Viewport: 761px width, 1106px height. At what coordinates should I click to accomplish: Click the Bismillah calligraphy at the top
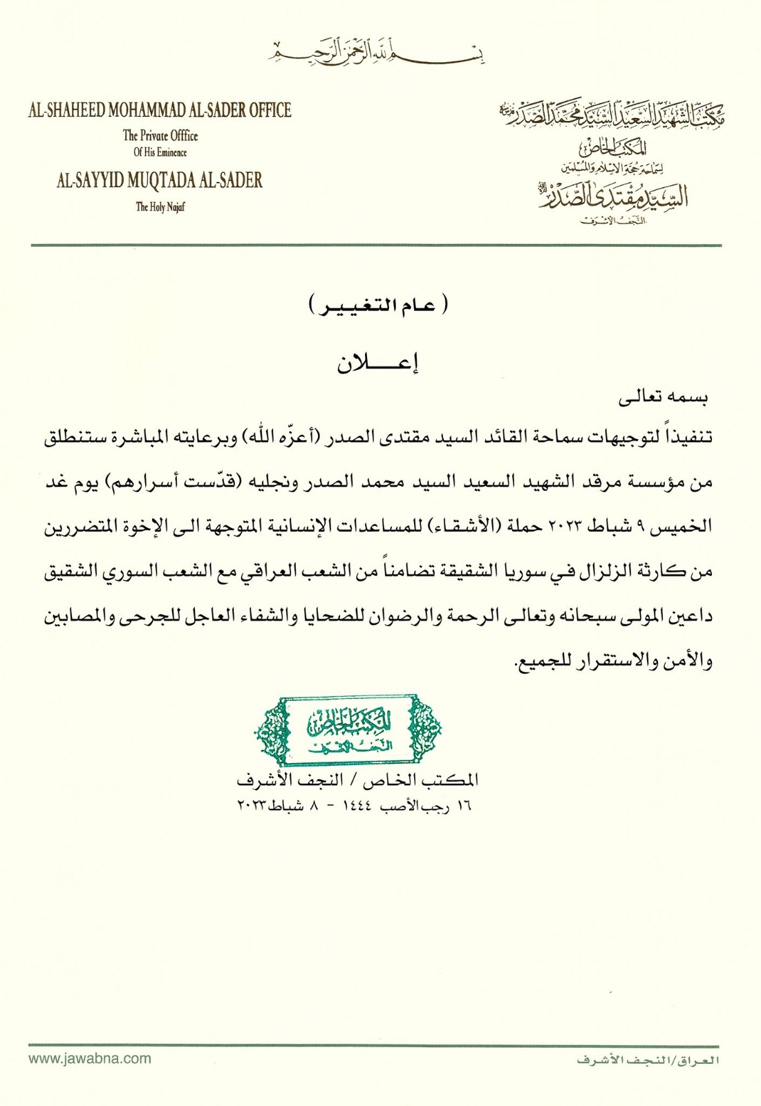tap(376, 52)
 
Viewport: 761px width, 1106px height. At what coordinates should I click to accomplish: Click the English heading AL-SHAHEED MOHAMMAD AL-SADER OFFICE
tap(160, 110)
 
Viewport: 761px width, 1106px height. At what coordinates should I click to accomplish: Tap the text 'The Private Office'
tap(160, 135)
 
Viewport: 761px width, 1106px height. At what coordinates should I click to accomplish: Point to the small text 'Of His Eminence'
tap(160, 152)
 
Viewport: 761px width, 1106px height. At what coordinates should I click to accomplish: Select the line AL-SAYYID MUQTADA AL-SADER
tap(160, 180)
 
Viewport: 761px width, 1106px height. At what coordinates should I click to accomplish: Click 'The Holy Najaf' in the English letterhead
tap(160, 206)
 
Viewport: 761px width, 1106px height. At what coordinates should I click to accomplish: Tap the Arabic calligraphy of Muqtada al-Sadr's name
tap(612, 196)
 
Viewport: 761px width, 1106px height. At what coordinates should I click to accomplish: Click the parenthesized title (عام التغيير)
tap(379, 305)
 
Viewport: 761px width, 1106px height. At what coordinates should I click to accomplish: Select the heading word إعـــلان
tap(378, 363)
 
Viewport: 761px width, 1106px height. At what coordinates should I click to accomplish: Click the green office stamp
tap(348, 730)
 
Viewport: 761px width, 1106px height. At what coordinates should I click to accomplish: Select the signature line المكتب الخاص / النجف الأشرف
tap(357, 780)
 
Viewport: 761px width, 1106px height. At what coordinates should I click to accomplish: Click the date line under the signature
tap(354, 805)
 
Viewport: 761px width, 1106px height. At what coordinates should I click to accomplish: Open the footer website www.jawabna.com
tap(90, 1058)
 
